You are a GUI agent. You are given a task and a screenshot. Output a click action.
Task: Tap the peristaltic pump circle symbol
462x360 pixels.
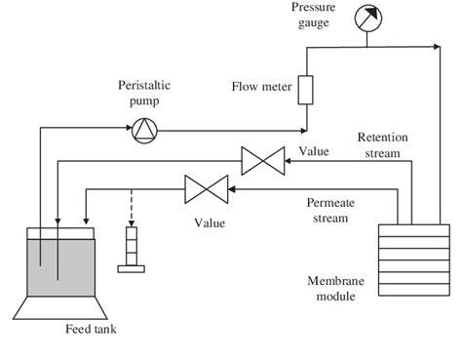143,128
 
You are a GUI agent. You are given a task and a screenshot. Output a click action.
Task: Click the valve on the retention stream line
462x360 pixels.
262,158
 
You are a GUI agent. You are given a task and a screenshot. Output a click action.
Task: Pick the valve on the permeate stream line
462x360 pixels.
206,188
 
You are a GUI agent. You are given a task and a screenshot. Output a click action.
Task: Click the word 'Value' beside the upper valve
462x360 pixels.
315,151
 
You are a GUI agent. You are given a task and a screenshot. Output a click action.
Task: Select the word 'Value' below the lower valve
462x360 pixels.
210,222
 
